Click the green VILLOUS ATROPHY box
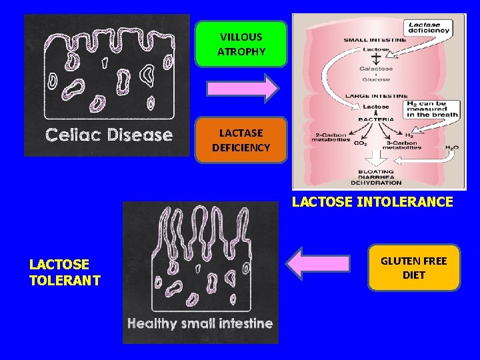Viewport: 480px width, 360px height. (241, 44)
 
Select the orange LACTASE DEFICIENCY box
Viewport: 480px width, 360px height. (241, 140)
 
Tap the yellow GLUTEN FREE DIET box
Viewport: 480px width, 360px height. (413, 267)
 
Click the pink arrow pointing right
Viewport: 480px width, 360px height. (242, 89)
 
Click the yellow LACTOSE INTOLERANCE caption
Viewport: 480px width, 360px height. (373, 201)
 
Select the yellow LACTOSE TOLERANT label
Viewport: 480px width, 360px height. (65, 272)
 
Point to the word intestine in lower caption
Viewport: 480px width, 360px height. (246, 323)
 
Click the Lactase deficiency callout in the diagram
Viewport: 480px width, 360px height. (429, 27)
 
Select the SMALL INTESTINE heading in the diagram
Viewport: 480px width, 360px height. (376, 39)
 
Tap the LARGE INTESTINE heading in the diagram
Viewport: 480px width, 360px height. (376, 96)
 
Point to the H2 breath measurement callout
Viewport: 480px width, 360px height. (432, 109)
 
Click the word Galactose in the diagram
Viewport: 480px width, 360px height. (377, 69)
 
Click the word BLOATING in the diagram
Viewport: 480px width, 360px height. (377, 171)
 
